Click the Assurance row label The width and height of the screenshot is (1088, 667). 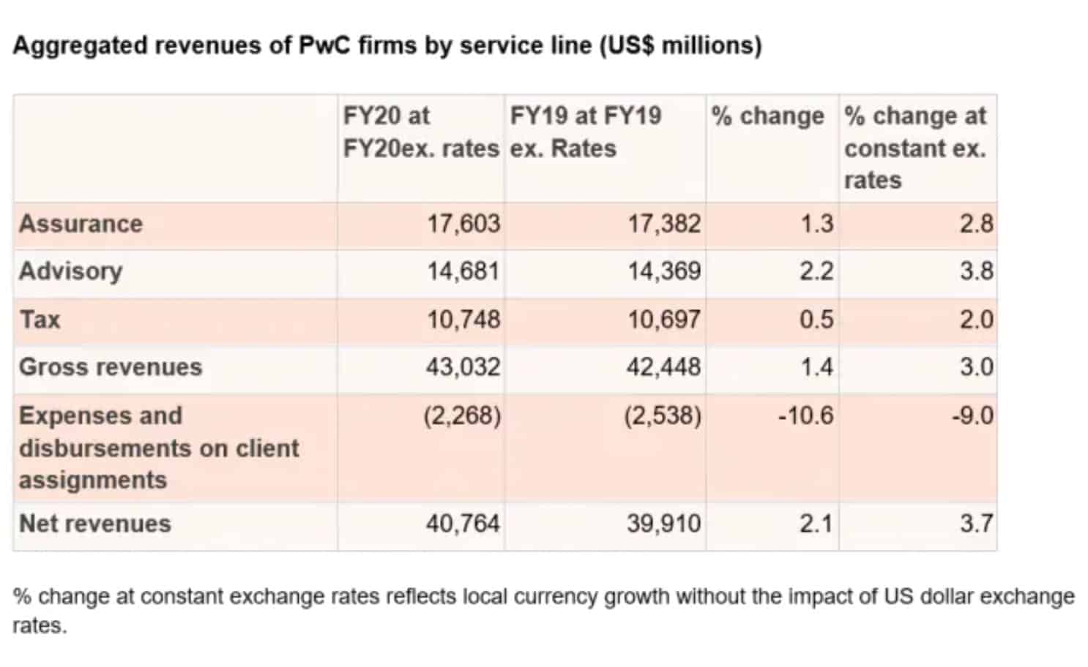click(x=81, y=224)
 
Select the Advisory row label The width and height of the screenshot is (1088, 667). click(x=70, y=271)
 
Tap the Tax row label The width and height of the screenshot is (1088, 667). click(x=40, y=320)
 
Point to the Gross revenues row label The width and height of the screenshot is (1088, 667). click(x=110, y=367)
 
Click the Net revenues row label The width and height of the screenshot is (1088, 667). click(x=94, y=524)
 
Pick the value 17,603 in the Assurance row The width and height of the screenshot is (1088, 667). click(x=463, y=224)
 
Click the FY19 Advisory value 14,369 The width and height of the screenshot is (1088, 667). click(x=663, y=271)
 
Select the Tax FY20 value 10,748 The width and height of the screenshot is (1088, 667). click(x=463, y=320)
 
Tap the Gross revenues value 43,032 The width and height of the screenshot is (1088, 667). click(x=463, y=367)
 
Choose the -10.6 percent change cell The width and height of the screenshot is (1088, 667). click(x=805, y=416)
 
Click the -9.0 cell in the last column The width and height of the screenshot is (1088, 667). click(x=972, y=416)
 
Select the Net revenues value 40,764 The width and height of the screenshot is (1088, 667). click(x=463, y=524)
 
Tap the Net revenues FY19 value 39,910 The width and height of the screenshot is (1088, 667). click(x=663, y=524)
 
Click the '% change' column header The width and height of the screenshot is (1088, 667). click(x=767, y=116)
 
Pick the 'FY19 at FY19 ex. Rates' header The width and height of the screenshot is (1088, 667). click(x=585, y=132)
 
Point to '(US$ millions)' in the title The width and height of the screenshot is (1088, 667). click(x=680, y=45)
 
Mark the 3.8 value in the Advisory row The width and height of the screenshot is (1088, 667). click(x=977, y=271)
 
